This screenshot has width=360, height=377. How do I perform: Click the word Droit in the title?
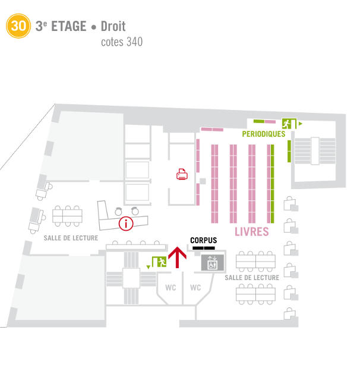click(x=113, y=26)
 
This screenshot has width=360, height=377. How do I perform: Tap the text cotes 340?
click(x=122, y=42)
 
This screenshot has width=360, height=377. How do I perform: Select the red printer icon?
click(x=182, y=174)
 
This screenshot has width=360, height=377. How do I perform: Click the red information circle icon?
click(x=125, y=224)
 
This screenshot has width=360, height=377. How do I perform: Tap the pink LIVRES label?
click(x=252, y=232)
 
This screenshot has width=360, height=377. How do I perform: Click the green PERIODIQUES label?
click(x=264, y=134)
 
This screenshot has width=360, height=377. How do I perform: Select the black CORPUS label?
click(x=203, y=240)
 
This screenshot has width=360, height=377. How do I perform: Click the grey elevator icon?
click(x=211, y=262)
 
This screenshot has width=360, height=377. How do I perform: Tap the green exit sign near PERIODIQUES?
click(x=289, y=124)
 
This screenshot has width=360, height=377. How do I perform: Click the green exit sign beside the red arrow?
click(x=159, y=261)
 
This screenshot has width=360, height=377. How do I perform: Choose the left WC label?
click(x=170, y=288)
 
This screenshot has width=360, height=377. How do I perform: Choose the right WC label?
click(x=195, y=288)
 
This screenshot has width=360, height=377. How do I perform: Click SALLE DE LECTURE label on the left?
click(x=71, y=237)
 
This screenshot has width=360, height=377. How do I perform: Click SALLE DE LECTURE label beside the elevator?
click(x=252, y=278)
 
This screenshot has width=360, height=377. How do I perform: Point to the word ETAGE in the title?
click(x=69, y=26)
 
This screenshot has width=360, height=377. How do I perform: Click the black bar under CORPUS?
click(x=203, y=247)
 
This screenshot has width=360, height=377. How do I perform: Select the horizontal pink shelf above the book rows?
click(x=211, y=129)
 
